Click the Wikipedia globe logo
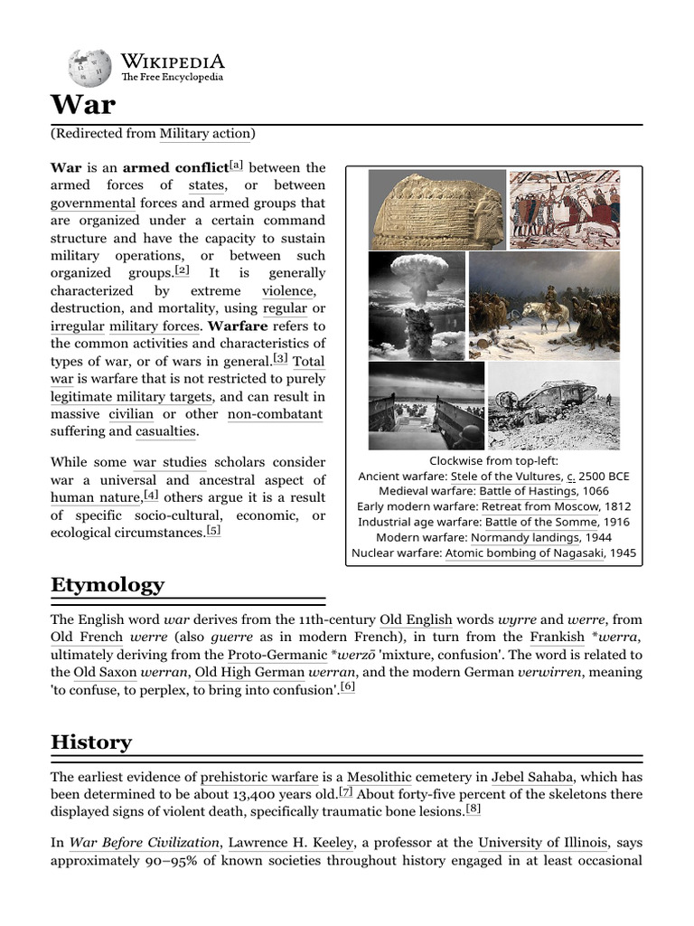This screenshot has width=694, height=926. click(x=90, y=66)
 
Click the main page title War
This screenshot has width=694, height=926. click(x=83, y=105)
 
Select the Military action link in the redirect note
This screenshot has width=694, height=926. click(x=205, y=134)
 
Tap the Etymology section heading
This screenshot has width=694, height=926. click(x=108, y=584)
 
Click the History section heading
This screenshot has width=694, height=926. click(x=91, y=742)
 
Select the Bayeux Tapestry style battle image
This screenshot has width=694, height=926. click(x=564, y=209)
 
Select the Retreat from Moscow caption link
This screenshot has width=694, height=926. click(x=539, y=506)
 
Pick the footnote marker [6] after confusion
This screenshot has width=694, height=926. click(x=348, y=687)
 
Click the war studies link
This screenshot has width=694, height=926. click(x=170, y=462)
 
